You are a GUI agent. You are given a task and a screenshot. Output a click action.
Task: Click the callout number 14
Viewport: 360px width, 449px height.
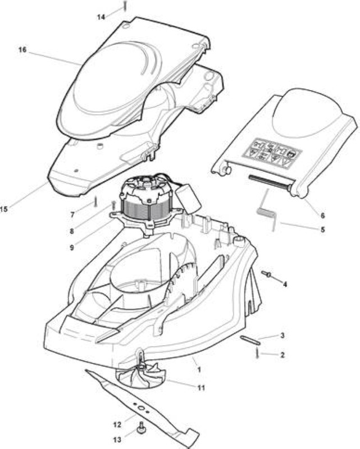pos(101,17)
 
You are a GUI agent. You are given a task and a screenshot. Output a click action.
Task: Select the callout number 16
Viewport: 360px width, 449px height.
pos(22,50)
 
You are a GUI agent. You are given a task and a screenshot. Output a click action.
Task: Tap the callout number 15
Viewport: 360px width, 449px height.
pos(4,209)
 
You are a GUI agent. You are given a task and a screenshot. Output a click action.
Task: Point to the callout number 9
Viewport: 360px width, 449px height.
pos(72,247)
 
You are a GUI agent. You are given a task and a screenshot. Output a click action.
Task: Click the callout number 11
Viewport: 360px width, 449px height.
pos(201,388)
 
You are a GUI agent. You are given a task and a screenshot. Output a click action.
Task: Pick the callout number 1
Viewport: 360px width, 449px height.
pos(199,370)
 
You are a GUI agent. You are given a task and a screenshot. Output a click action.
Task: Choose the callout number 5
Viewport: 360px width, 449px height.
pos(323,230)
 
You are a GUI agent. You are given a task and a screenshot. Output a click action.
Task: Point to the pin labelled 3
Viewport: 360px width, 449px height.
pos(250,338)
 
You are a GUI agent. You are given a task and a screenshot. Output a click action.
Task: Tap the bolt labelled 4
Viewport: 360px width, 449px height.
pos(267,274)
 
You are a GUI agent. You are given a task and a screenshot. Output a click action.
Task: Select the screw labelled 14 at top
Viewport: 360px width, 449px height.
pos(125,6)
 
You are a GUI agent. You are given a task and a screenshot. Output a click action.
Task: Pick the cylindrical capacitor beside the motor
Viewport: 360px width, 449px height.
pos(188,201)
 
